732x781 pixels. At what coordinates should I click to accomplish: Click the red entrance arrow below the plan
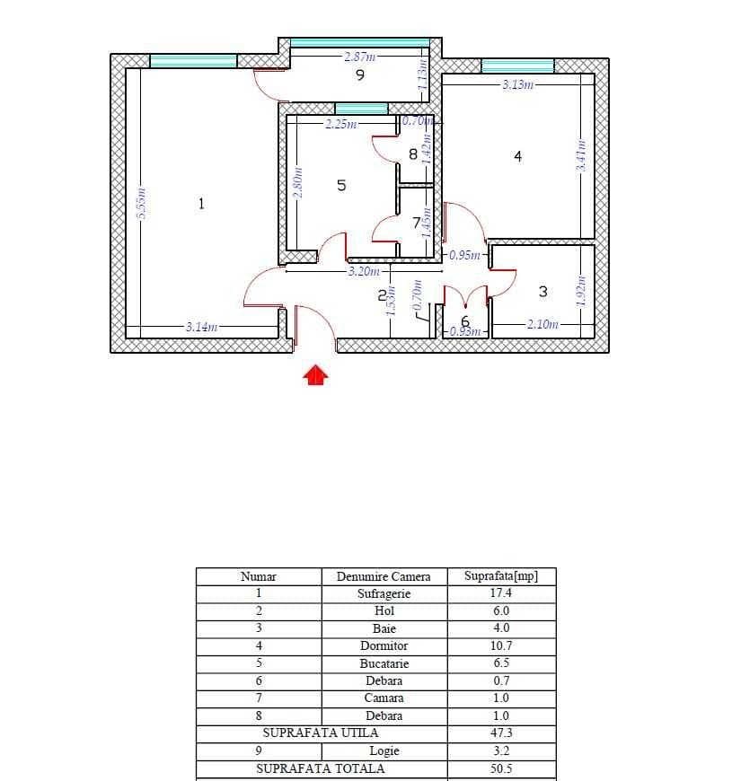click(315, 375)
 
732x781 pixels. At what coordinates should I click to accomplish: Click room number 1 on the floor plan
click(201, 204)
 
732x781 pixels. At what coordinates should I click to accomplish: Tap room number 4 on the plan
click(517, 156)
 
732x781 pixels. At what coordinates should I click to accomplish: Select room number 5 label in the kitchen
click(341, 185)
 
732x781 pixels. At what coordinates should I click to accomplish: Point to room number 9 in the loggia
click(360, 75)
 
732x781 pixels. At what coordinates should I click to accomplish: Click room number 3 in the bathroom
click(542, 292)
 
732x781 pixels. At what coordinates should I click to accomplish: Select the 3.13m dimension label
click(518, 84)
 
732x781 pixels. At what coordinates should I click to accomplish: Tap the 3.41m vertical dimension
click(581, 156)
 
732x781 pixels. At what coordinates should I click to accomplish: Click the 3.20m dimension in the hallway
click(364, 270)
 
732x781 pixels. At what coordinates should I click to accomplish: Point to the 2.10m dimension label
click(542, 324)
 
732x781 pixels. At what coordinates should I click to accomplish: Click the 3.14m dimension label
click(201, 327)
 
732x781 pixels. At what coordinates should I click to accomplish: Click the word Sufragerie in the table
click(384, 593)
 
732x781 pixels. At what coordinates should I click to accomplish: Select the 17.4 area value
click(500, 593)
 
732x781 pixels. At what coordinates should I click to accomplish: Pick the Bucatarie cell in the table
click(384, 663)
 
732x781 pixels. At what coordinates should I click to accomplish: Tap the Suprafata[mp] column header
click(500, 576)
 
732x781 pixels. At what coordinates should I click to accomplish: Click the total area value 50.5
click(500, 768)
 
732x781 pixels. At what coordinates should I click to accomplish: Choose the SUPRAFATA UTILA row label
click(321, 733)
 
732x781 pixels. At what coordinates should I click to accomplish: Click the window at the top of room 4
click(517, 66)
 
